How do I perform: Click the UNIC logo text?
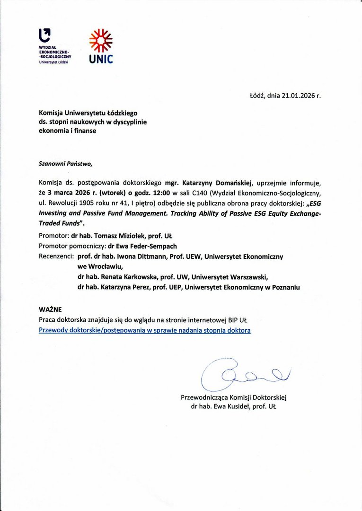coord(101,59)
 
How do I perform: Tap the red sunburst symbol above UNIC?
coord(101,40)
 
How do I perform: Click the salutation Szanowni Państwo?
coord(66,164)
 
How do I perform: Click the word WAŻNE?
coord(50,309)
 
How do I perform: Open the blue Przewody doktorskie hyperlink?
coord(144,330)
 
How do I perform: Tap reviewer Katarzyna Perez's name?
coord(127,287)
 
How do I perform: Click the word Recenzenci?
coord(56,256)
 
